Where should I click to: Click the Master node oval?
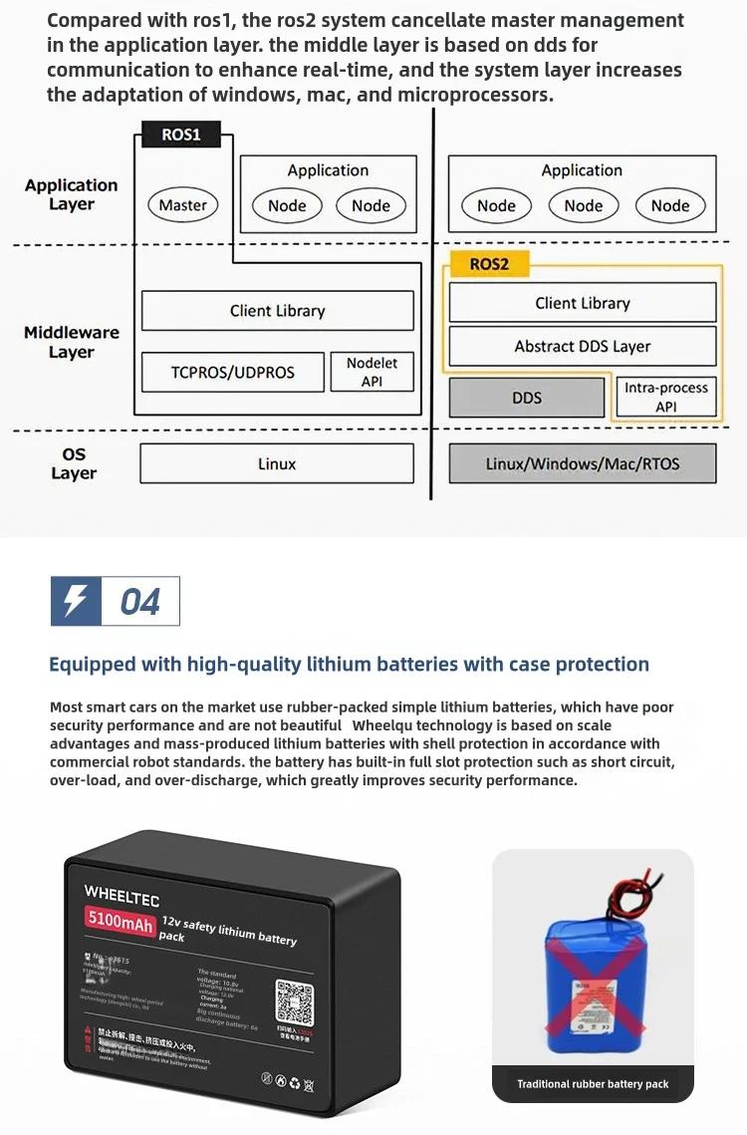click(x=183, y=206)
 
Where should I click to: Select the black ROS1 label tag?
click(x=181, y=135)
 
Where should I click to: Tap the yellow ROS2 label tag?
click(x=489, y=265)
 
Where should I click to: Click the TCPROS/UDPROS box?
click(x=233, y=373)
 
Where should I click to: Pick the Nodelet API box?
click(x=372, y=373)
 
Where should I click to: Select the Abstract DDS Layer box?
click(x=583, y=347)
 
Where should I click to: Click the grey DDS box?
click(x=527, y=398)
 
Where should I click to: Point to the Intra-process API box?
click(x=665, y=398)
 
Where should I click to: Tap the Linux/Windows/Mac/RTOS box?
click(x=583, y=464)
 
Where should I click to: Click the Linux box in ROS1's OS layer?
click(x=277, y=464)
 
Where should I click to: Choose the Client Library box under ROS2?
click(x=583, y=303)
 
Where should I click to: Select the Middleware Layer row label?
click(x=72, y=342)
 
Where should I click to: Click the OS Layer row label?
click(x=74, y=463)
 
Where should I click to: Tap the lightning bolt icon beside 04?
click(x=75, y=601)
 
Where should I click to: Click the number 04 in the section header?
click(x=140, y=602)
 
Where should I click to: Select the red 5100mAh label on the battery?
click(x=121, y=921)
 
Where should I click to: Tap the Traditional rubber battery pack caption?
click(x=593, y=1084)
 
